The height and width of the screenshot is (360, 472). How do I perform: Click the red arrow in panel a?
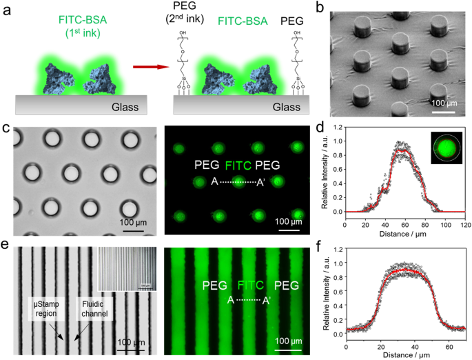[x=150, y=67]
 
